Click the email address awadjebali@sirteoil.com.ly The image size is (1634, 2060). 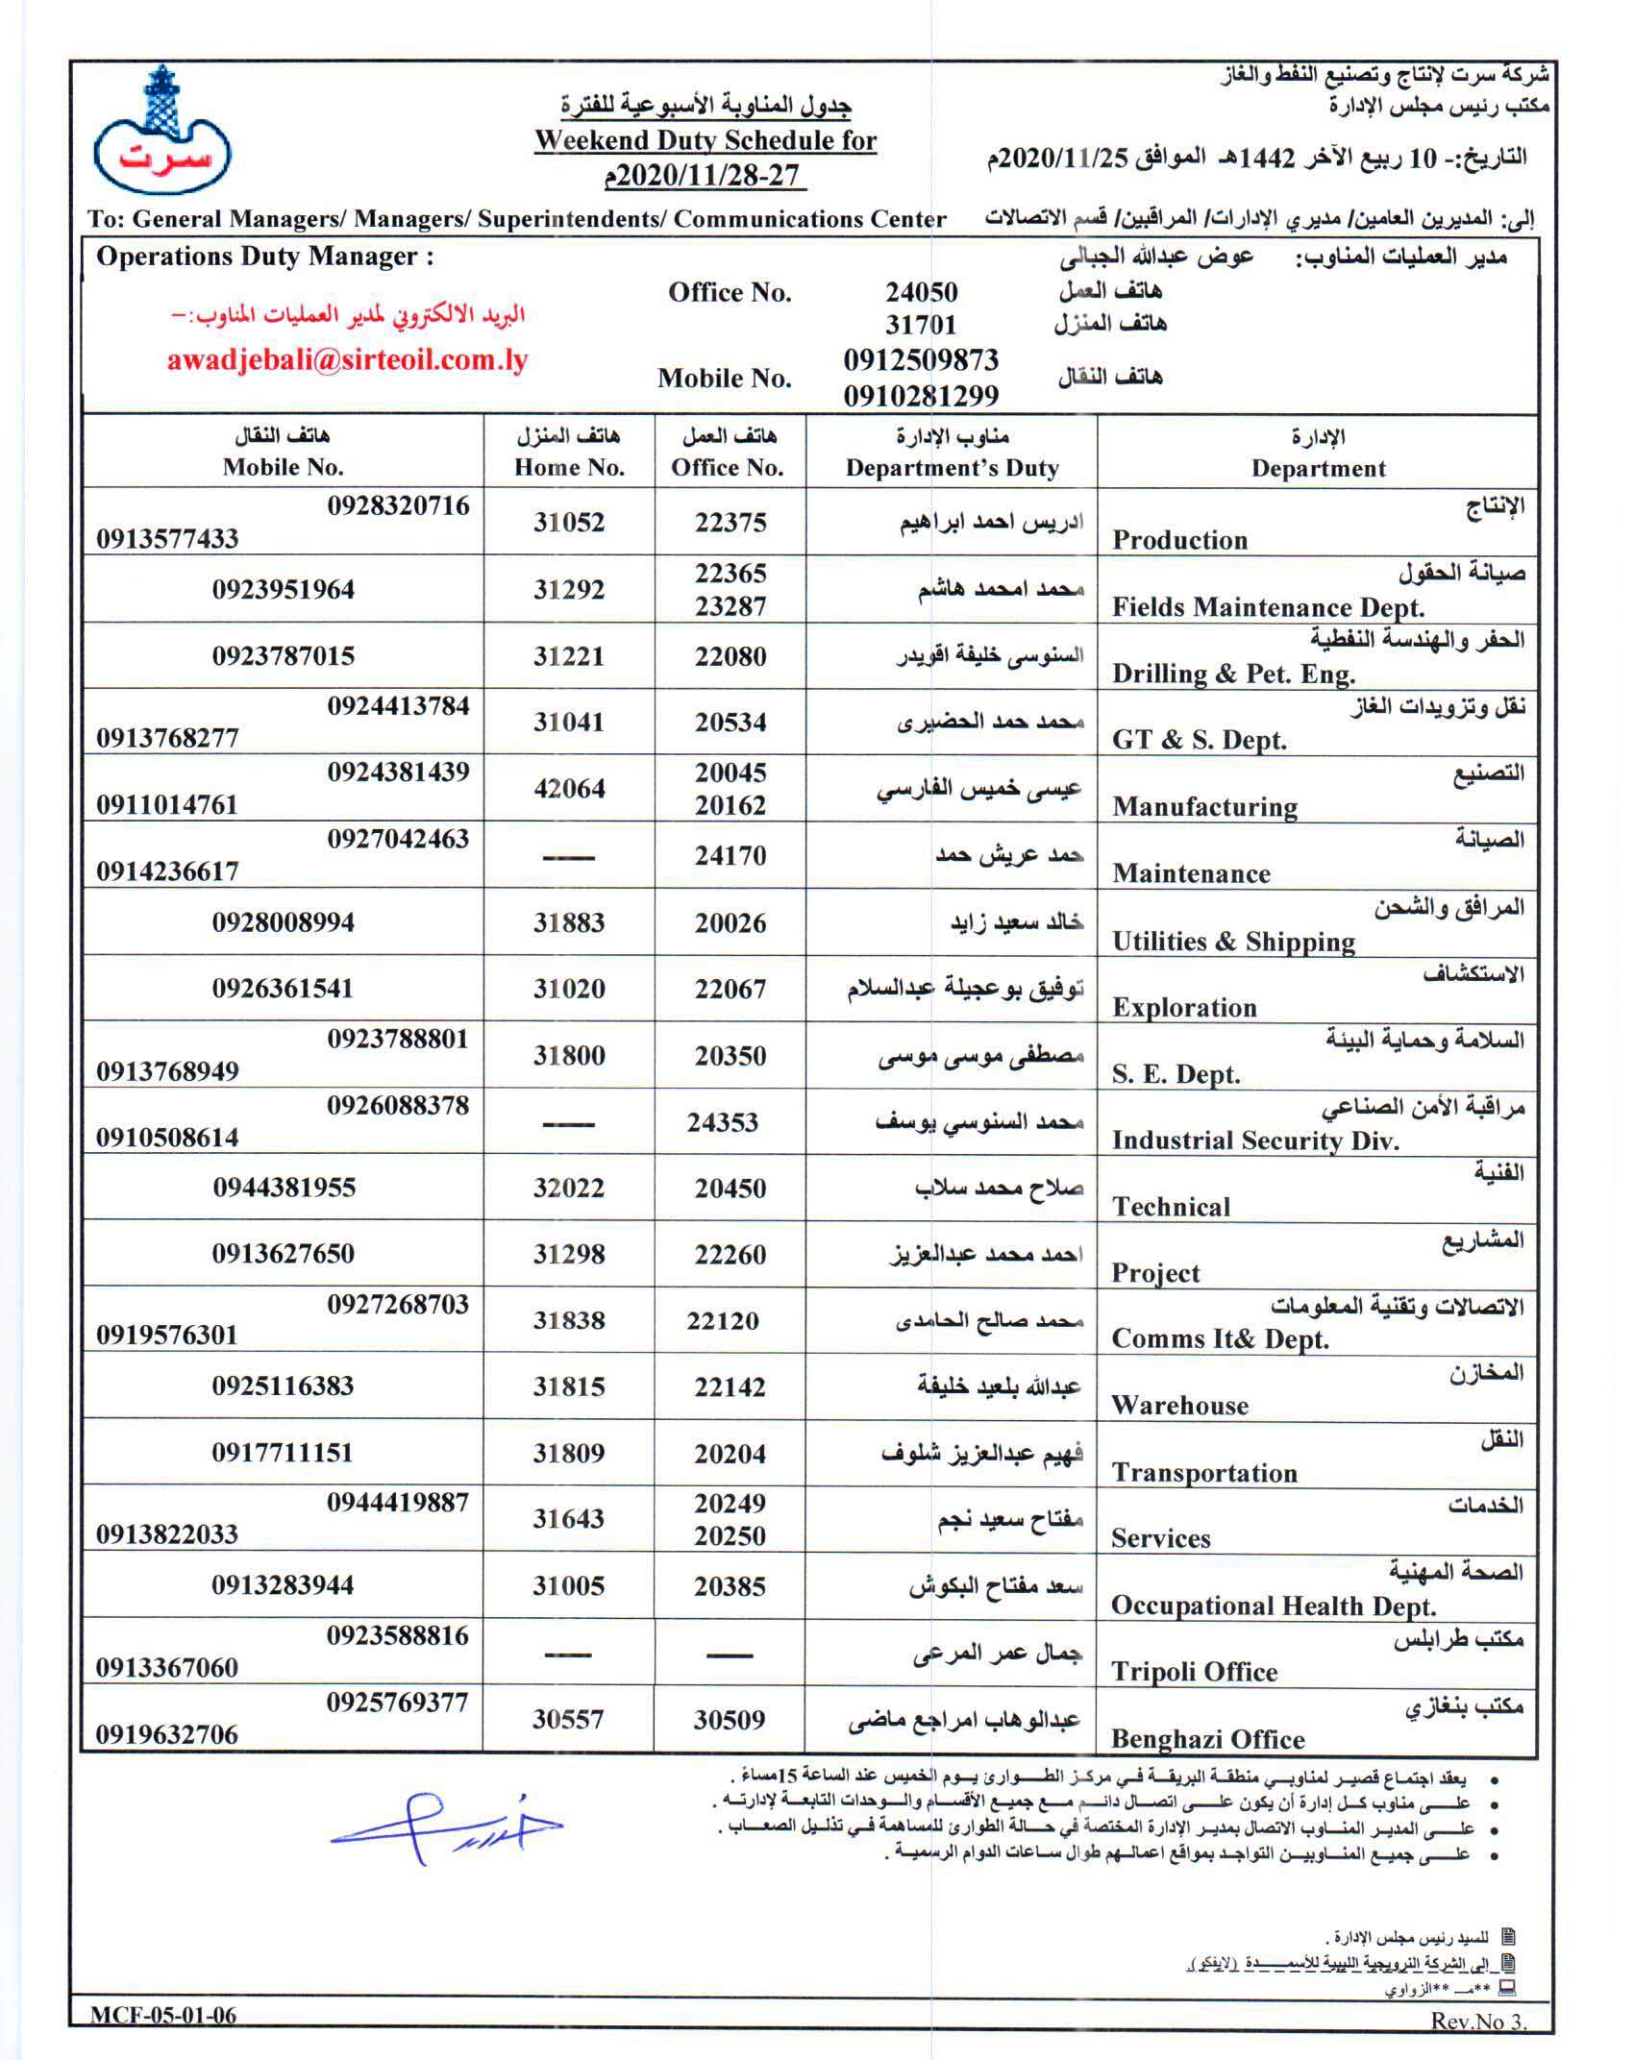point(347,360)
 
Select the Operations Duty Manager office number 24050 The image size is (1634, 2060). point(921,292)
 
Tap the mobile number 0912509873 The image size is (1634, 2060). point(921,360)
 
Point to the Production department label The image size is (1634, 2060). point(1179,540)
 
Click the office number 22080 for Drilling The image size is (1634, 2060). point(730,656)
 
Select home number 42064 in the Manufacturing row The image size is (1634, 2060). point(569,789)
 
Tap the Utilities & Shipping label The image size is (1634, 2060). point(1233,942)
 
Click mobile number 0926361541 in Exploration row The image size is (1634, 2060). point(283,989)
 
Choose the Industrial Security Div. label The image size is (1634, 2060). point(1254,1140)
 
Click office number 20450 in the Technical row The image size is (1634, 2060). point(730,1189)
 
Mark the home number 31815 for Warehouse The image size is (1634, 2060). point(569,1386)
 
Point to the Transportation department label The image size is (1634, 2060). point(1203,1473)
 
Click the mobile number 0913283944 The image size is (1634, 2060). point(283,1585)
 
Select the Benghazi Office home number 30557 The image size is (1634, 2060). point(568,1719)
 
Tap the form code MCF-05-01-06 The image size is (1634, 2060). point(163,2016)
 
